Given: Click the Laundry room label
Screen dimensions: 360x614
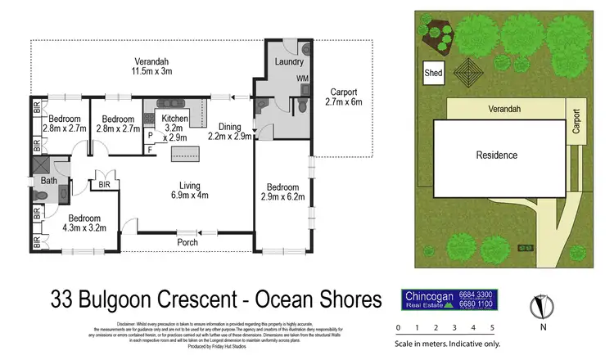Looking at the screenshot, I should [290, 62].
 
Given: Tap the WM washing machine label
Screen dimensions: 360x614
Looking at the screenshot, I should [301, 79].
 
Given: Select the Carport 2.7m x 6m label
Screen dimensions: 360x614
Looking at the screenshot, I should [343, 97].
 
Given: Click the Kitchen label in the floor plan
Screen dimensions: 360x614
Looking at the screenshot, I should [175, 124].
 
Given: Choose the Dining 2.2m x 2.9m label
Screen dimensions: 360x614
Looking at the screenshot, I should [229, 132].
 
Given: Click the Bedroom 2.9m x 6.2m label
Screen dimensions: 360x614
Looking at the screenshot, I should [282, 191].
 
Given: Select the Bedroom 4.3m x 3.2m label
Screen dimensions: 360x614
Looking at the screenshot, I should [84, 224].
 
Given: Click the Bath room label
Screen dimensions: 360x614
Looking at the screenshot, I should [49, 181].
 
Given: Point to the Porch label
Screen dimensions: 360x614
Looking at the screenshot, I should [188, 243].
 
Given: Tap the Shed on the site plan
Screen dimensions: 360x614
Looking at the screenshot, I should [433, 73].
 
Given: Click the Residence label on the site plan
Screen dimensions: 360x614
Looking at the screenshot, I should [497, 155].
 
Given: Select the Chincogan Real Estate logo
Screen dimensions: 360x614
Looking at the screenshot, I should [449, 299].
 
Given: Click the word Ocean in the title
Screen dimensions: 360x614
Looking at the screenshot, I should [283, 299].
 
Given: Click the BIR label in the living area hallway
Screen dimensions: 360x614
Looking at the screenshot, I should [104, 186].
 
